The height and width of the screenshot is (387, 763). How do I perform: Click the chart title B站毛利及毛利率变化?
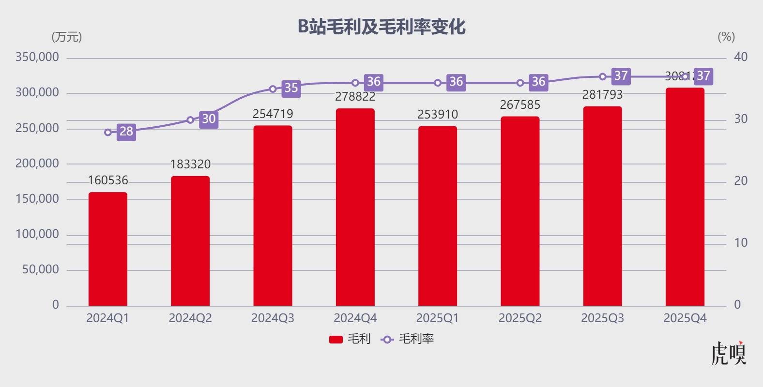[x=381, y=27]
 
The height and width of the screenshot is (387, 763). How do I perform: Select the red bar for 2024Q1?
[x=108, y=249]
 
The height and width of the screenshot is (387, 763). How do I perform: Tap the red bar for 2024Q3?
[x=273, y=216]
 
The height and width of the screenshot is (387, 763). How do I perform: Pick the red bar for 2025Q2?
[x=520, y=211]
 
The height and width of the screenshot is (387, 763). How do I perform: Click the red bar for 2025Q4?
[x=685, y=197]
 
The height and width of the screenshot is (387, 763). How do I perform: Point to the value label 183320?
[x=190, y=164]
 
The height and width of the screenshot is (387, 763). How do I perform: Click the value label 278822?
[x=355, y=97]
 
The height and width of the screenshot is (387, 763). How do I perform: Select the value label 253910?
[x=438, y=115]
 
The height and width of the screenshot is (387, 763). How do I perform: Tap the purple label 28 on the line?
[x=126, y=132]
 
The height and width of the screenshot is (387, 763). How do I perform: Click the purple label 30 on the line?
[x=209, y=119]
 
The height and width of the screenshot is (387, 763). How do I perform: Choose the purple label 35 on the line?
[x=291, y=88]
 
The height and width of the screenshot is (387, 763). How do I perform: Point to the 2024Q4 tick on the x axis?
[x=355, y=318]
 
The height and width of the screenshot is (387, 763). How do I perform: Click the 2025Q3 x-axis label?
[x=602, y=318]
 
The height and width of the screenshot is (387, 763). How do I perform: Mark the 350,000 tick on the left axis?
[x=37, y=57]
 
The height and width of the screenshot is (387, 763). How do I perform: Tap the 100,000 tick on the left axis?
[x=37, y=234]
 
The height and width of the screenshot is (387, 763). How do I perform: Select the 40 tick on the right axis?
[x=741, y=57]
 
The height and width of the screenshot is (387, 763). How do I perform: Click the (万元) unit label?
[x=66, y=37]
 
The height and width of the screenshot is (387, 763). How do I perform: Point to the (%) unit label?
[x=726, y=37]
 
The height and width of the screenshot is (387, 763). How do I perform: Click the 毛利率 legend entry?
[x=408, y=339]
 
